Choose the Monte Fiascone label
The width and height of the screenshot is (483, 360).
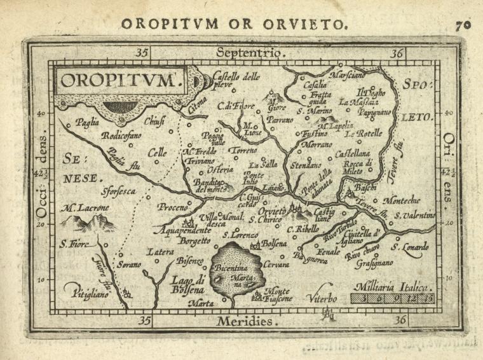(x=280, y=293)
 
